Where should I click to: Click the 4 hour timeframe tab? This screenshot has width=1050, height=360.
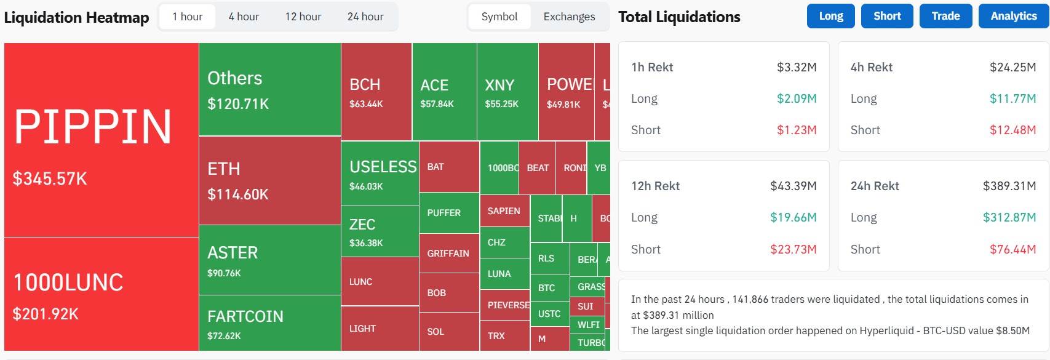[x=244, y=17]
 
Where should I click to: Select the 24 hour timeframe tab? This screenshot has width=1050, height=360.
[x=365, y=17]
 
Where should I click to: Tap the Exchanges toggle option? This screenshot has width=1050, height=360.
[x=569, y=17]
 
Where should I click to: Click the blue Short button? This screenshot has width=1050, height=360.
[x=886, y=16]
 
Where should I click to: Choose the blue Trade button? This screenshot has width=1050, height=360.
[x=945, y=16]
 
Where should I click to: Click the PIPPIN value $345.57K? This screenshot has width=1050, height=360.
[x=50, y=178]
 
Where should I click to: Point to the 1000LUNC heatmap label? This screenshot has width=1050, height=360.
[x=68, y=282]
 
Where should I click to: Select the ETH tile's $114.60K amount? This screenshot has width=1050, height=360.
[x=238, y=194]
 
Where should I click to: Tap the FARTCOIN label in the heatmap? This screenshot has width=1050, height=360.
[x=245, y=316]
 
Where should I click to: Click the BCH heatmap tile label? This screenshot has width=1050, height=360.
[x=365, y=84]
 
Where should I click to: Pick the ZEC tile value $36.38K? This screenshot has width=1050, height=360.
[x=366, y=243]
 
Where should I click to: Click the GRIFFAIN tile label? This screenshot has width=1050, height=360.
[x=448, y=253]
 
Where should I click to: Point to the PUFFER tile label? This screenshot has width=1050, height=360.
[x=443, y=213]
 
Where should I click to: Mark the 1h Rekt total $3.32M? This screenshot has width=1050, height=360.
[x=797, y=67]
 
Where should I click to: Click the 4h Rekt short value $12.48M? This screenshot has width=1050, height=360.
[x=1012, y=130]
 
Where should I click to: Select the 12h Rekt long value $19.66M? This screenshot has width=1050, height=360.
[x=793, y=217]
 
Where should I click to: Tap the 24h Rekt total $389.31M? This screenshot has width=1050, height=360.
[x=1009, y=186]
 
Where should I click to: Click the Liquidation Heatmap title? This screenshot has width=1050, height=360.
[x=76, y=17]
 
